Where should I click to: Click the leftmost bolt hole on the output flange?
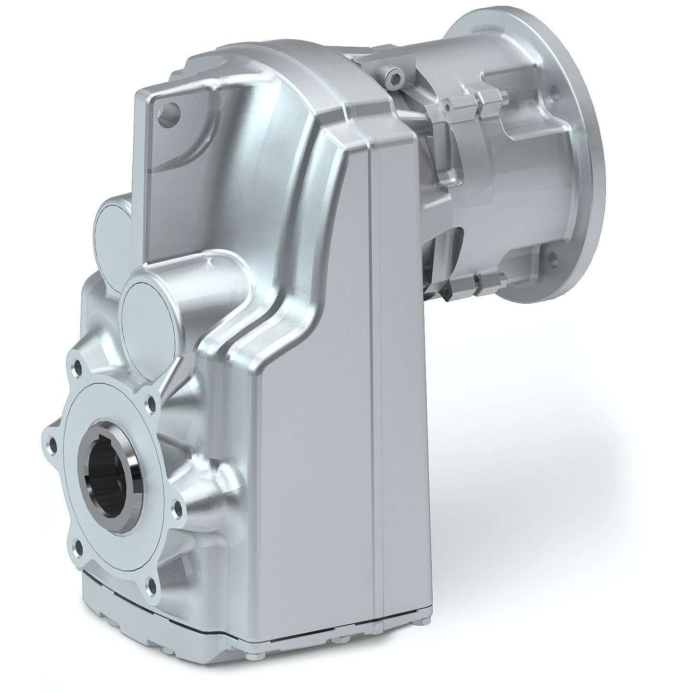[x=48, y=440]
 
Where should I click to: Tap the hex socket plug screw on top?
[x=396, y=77]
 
